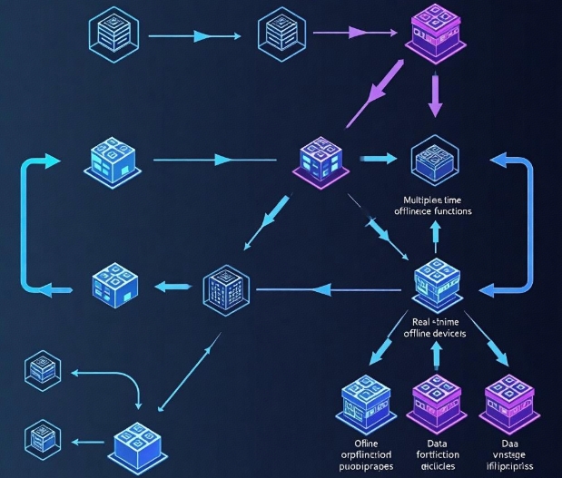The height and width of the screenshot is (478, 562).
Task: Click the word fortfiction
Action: pos(434,454)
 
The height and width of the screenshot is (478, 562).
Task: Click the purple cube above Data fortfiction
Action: pos(436,400)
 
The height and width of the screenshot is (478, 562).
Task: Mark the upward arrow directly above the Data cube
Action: pos(435,356)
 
